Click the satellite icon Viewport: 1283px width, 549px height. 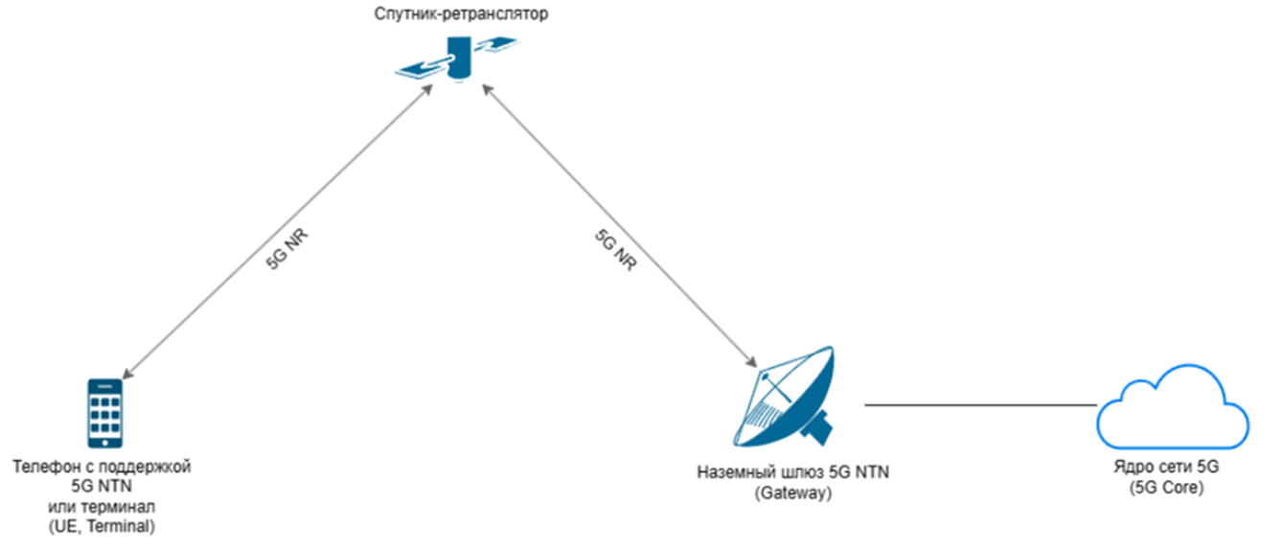pos(459,58)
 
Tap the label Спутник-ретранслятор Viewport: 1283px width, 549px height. pos(463,13)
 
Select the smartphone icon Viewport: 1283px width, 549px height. pos(104,413)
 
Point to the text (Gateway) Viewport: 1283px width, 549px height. pos(791,494)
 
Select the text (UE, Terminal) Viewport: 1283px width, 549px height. pos(103,526)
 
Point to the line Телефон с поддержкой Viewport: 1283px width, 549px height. pos(103,467)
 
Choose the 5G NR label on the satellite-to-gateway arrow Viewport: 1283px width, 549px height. pos(613,251)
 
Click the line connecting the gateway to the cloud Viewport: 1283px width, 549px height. pos(979,405)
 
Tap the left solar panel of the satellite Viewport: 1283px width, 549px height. pos(422,68)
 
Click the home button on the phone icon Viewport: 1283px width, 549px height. pos(104,441)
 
